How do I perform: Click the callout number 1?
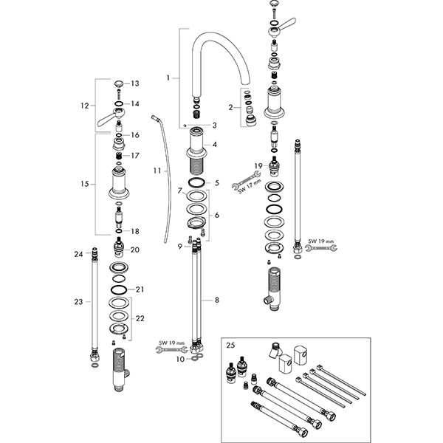168,77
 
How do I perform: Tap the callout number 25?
231,345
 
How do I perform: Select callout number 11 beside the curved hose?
157,171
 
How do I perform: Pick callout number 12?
86,106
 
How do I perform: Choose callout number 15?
86,183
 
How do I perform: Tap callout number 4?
215,144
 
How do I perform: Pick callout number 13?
134,84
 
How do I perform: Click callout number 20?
134,250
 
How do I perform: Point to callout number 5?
216,182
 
